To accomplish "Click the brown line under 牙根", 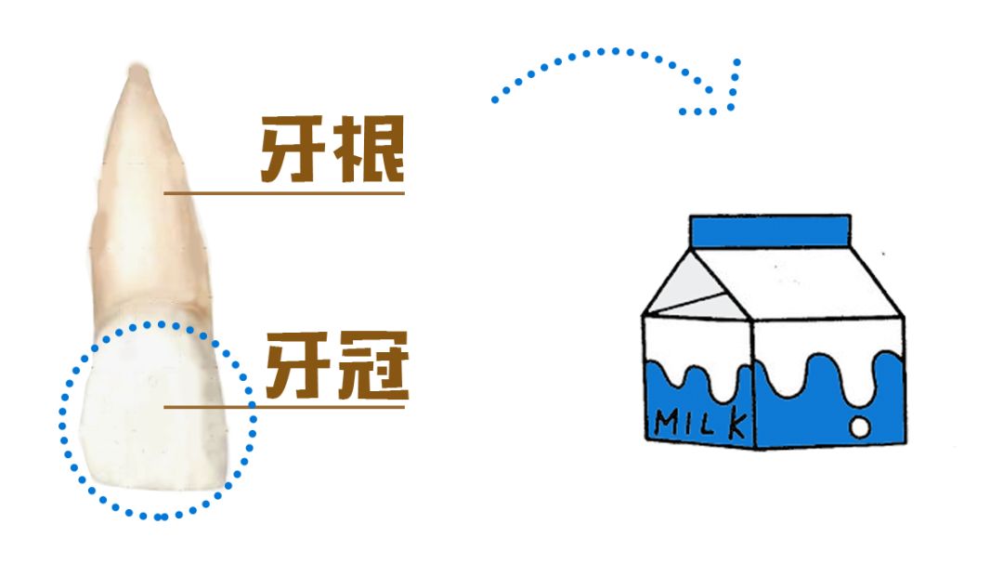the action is (284, 193).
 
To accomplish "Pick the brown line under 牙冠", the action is (284, 405).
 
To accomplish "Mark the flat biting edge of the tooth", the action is (158, 484).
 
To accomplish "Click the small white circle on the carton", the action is (862, 426).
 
